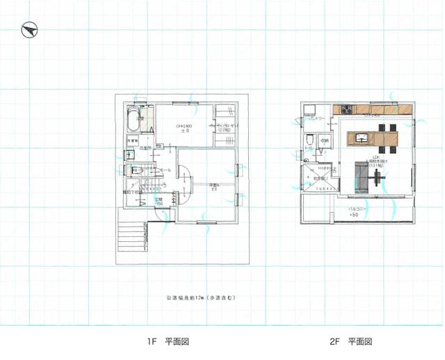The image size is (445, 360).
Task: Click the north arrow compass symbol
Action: (29, 30)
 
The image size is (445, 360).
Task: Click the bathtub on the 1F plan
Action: (136, 119)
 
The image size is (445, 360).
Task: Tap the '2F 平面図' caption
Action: (351, 342)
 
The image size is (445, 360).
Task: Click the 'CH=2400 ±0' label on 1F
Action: (185, 128)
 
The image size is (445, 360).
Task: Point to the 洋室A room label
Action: (213, 186)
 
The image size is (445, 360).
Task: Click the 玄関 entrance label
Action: (159, 202)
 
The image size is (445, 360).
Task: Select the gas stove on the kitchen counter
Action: (346, 110)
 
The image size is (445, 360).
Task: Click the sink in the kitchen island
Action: (361, 138)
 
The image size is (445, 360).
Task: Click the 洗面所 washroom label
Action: (145, 149)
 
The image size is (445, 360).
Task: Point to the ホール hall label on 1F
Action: (165, 170)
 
